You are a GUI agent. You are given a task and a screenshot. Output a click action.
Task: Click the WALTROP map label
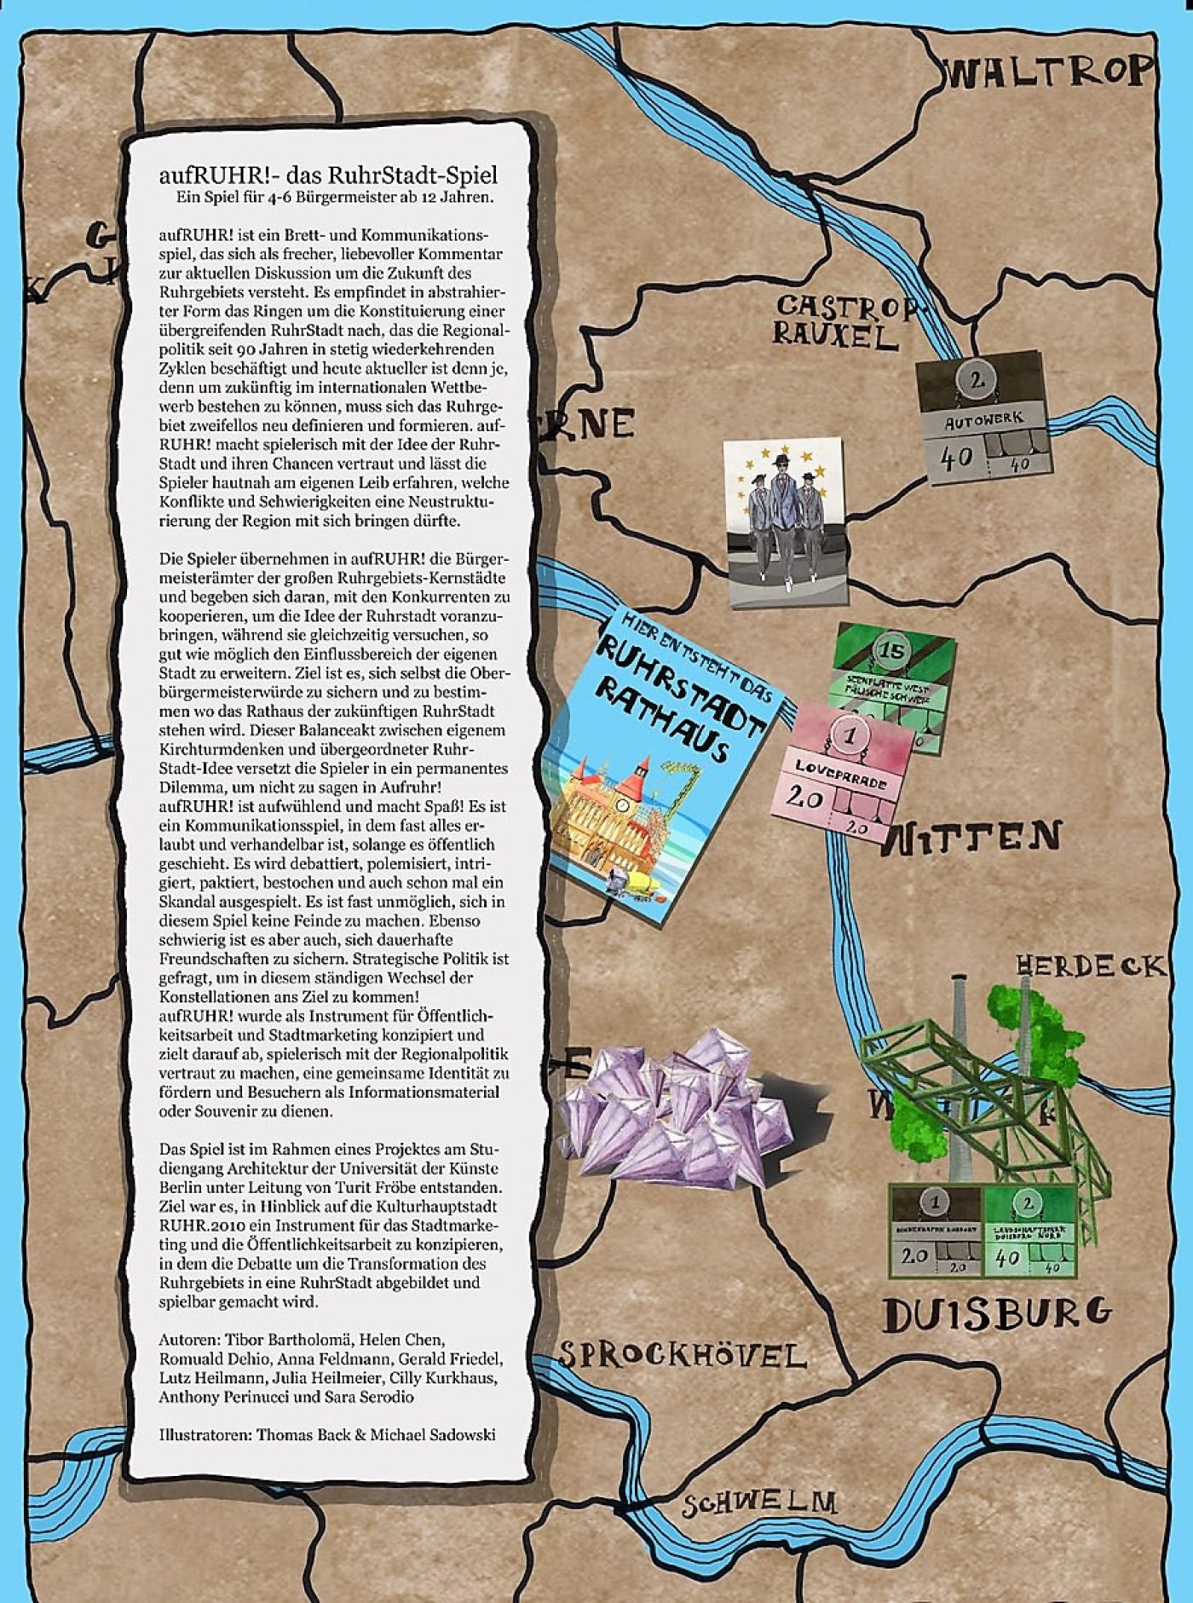[x=1048, y=72]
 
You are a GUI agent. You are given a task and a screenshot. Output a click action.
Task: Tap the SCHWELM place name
[x=758, y=1501]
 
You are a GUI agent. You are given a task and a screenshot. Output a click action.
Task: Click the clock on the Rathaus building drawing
[x=623, y=805]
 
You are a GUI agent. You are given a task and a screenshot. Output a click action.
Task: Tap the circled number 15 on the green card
[x=891, y=651]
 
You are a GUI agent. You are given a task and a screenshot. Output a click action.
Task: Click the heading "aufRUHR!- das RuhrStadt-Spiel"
[x=328, y=176]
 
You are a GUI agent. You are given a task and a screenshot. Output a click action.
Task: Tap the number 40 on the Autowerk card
[x=955, y=458]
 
